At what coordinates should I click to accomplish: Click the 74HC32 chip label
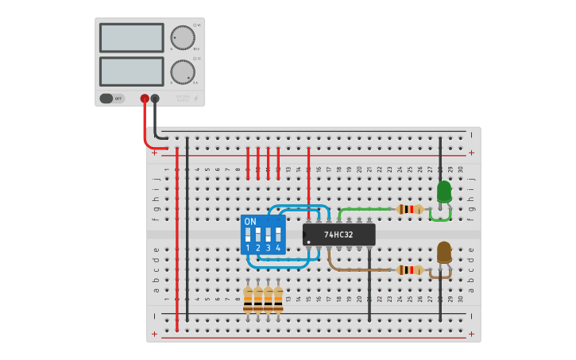pyautogui.click(x=338, y=234)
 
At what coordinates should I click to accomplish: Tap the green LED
pyautogui.click(x=443, y=192)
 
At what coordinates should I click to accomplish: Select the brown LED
pyautogui.click(x=443, y=253)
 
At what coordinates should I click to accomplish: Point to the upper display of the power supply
pyautogui.click(x=131, y=37)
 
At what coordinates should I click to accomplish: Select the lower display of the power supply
pyautogui.click(x=131, y=71)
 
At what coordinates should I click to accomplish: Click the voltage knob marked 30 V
pyautogui.click(x=182, y=37)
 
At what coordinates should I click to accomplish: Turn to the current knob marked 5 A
pyautogui.click(x=182, y=72)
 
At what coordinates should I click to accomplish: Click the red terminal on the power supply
pyautogui.click(x=145, y=99)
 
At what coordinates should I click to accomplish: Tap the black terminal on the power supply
pyautogui.click(x=155, y=99)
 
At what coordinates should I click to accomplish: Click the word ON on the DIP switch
pyautogui.click(x=250, y=221)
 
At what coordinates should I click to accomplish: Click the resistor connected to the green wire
pyautogui.click(x=410, y=210)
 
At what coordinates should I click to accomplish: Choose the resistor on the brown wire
pyautogui.click(x=410, y=270)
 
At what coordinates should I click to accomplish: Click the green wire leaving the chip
pyautogui.click(x=365, y=210)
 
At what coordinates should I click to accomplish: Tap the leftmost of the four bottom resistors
pyautogui.click(x=248, y=299)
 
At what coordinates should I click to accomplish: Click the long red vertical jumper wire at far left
pyautogui.click(x=176, y=238)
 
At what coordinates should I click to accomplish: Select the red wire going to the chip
pyautogui.click(x=308, y=183)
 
